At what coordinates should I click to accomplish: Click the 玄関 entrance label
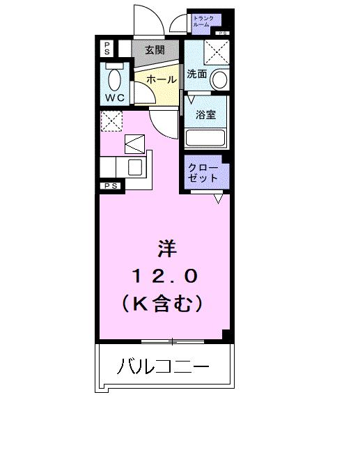[x=155, y=50]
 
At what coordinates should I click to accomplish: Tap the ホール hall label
[x=161, y=79]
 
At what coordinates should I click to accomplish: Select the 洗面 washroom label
[x=196, y=74]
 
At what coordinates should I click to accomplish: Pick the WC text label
[x=115, y=98]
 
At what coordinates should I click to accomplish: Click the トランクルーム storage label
[x=205, y=22]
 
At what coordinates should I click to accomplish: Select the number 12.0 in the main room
[x=165, y=277]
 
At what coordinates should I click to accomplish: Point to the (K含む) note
[x=165, y=304]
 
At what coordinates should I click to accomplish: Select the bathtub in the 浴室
[x=207, y=137]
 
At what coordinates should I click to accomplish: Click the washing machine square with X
[x=217, y=51]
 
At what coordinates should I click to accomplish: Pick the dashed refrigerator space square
[x=111, y=121]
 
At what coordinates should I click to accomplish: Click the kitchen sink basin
[x=134, y=167]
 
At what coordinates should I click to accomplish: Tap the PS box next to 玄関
[x=107, y=49]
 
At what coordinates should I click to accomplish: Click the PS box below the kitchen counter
[x=110, y=186]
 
